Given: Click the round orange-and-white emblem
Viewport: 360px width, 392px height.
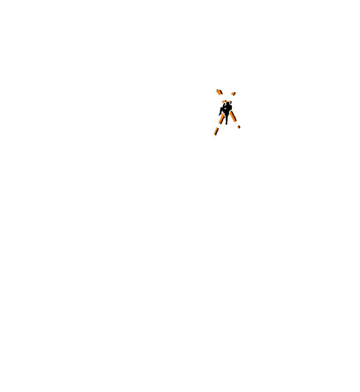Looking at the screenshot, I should (226, 112).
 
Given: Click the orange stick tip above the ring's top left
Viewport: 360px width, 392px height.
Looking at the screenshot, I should (217, 90).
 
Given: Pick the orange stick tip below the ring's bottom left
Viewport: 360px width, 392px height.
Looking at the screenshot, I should (215, 134).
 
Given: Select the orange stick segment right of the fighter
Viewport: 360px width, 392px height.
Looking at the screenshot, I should (233, 116).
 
